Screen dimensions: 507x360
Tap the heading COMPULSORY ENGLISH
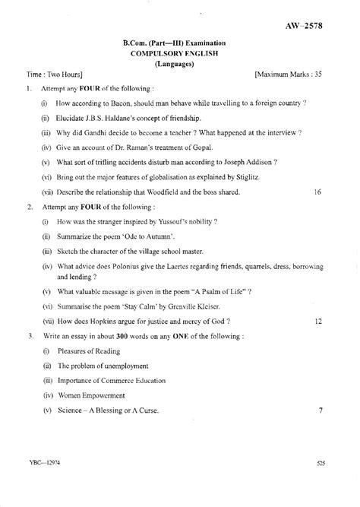pos(179,55)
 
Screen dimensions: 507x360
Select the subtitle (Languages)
pos(179,65)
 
